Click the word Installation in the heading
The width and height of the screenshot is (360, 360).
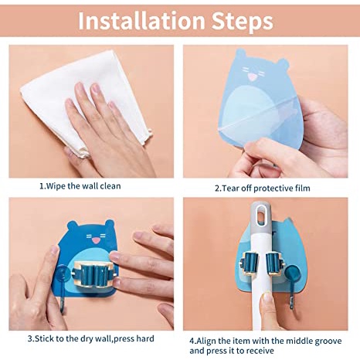141,21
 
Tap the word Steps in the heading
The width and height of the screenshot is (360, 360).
242,22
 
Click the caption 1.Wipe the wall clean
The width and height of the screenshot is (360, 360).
80,186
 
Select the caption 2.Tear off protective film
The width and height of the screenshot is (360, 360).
263,188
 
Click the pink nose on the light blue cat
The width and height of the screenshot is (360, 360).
252,76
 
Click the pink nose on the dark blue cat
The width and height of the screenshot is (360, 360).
96,241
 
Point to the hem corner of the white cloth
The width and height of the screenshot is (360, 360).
150,134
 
